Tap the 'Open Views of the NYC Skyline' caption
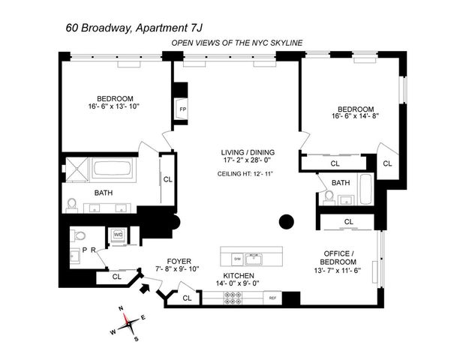pyautogui.click(x=236, y=43)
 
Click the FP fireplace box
pyautogui.click(x=182, y=109)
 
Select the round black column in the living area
pyautogui.click(x=286, y=221)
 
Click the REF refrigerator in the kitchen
pyautogui.click(x=274, y=298)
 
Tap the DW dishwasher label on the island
pyautogui.click(x=237, y=258)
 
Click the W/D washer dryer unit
pyautogui.click(x=118, y=233)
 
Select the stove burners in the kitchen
pyautogui.click(x=233, y=298)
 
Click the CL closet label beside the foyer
pyautogui.click(x=116, y=276)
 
